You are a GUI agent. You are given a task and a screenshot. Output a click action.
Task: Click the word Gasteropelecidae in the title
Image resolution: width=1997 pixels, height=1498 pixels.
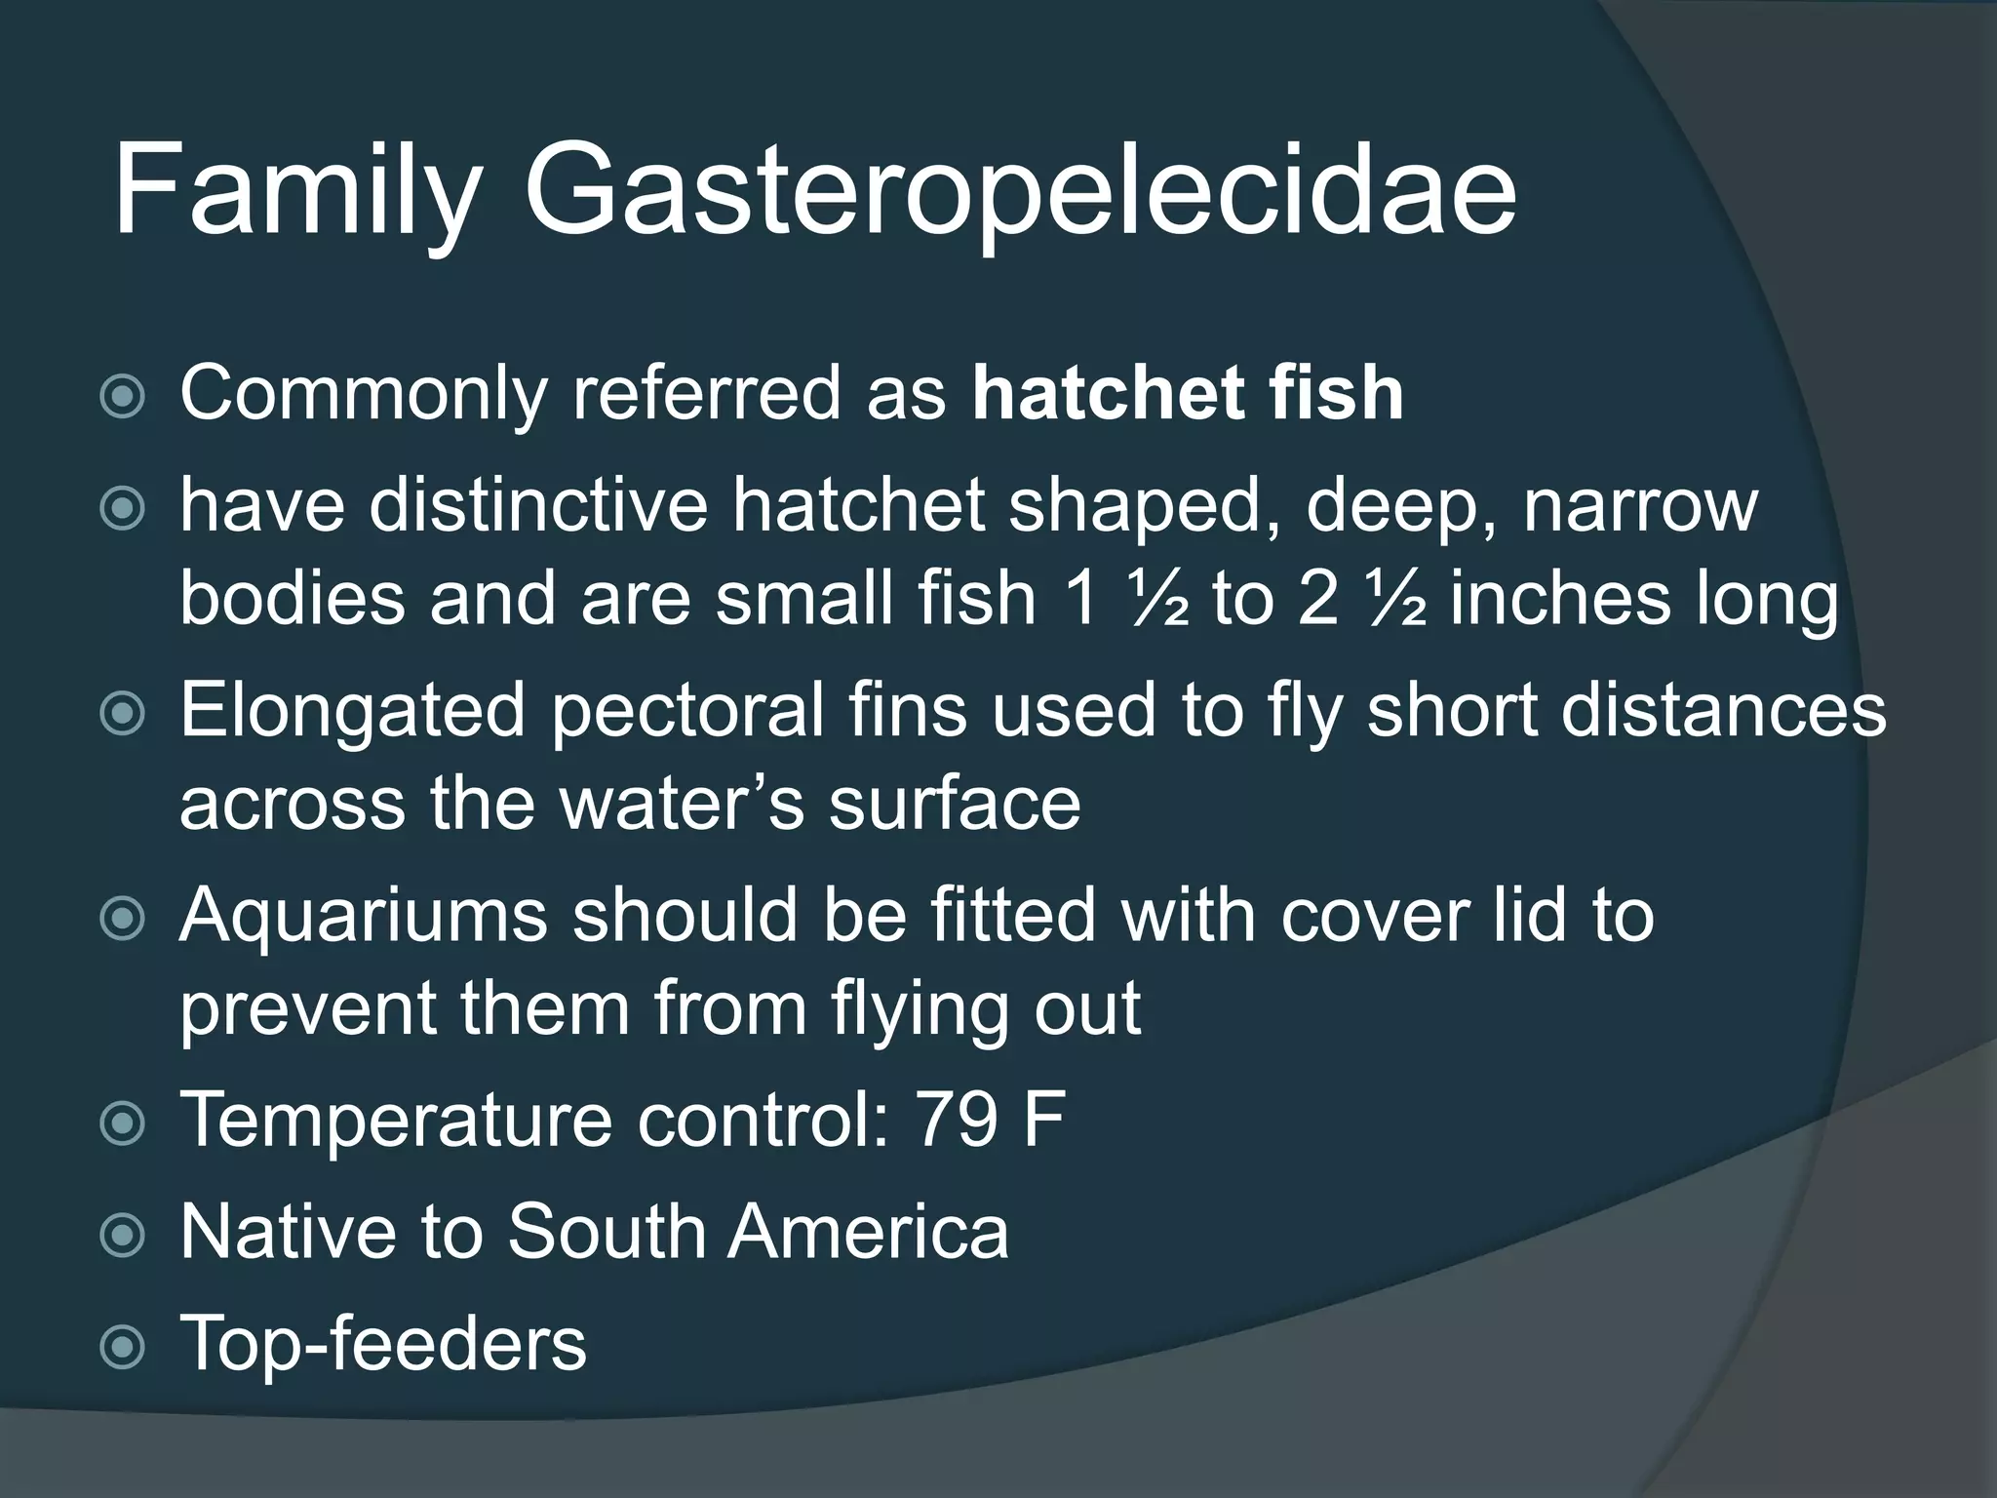pos(1019,190)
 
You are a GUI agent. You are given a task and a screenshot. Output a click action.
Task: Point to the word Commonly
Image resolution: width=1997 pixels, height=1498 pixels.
pos(362,395)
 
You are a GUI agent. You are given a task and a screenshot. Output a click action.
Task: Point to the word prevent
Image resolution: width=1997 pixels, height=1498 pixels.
pos(307,1009)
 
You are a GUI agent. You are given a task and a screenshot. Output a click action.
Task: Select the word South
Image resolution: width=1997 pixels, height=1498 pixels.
pos(605,1231)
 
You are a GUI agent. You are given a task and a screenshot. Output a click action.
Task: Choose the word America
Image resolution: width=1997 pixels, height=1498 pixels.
pos(868,1231)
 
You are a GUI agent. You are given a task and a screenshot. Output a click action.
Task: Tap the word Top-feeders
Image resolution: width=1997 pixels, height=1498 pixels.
pos(383,1343)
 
